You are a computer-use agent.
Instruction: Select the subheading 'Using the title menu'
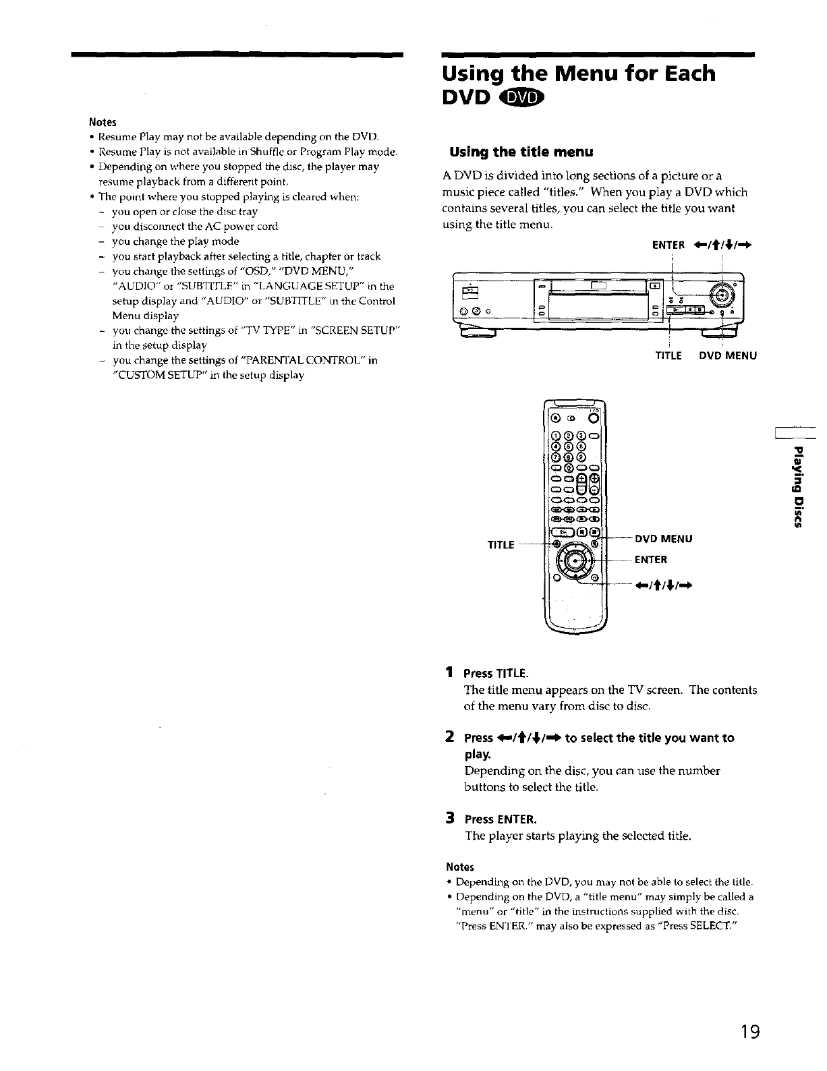point(517,151)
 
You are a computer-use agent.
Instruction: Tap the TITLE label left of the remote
point(501,545)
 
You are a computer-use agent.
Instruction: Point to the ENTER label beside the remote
point(651,559)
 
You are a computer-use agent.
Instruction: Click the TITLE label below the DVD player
point(668,355)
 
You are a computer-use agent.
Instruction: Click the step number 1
point(449,672)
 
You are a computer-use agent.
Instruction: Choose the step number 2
point(449,736)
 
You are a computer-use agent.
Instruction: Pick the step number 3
point(449,819)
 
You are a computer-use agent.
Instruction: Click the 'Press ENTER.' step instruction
point(501,820)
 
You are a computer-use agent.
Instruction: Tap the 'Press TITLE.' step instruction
point(496,674)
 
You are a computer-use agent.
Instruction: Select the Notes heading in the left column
point(103,122)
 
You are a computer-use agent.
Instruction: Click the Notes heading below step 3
point(460,867)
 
